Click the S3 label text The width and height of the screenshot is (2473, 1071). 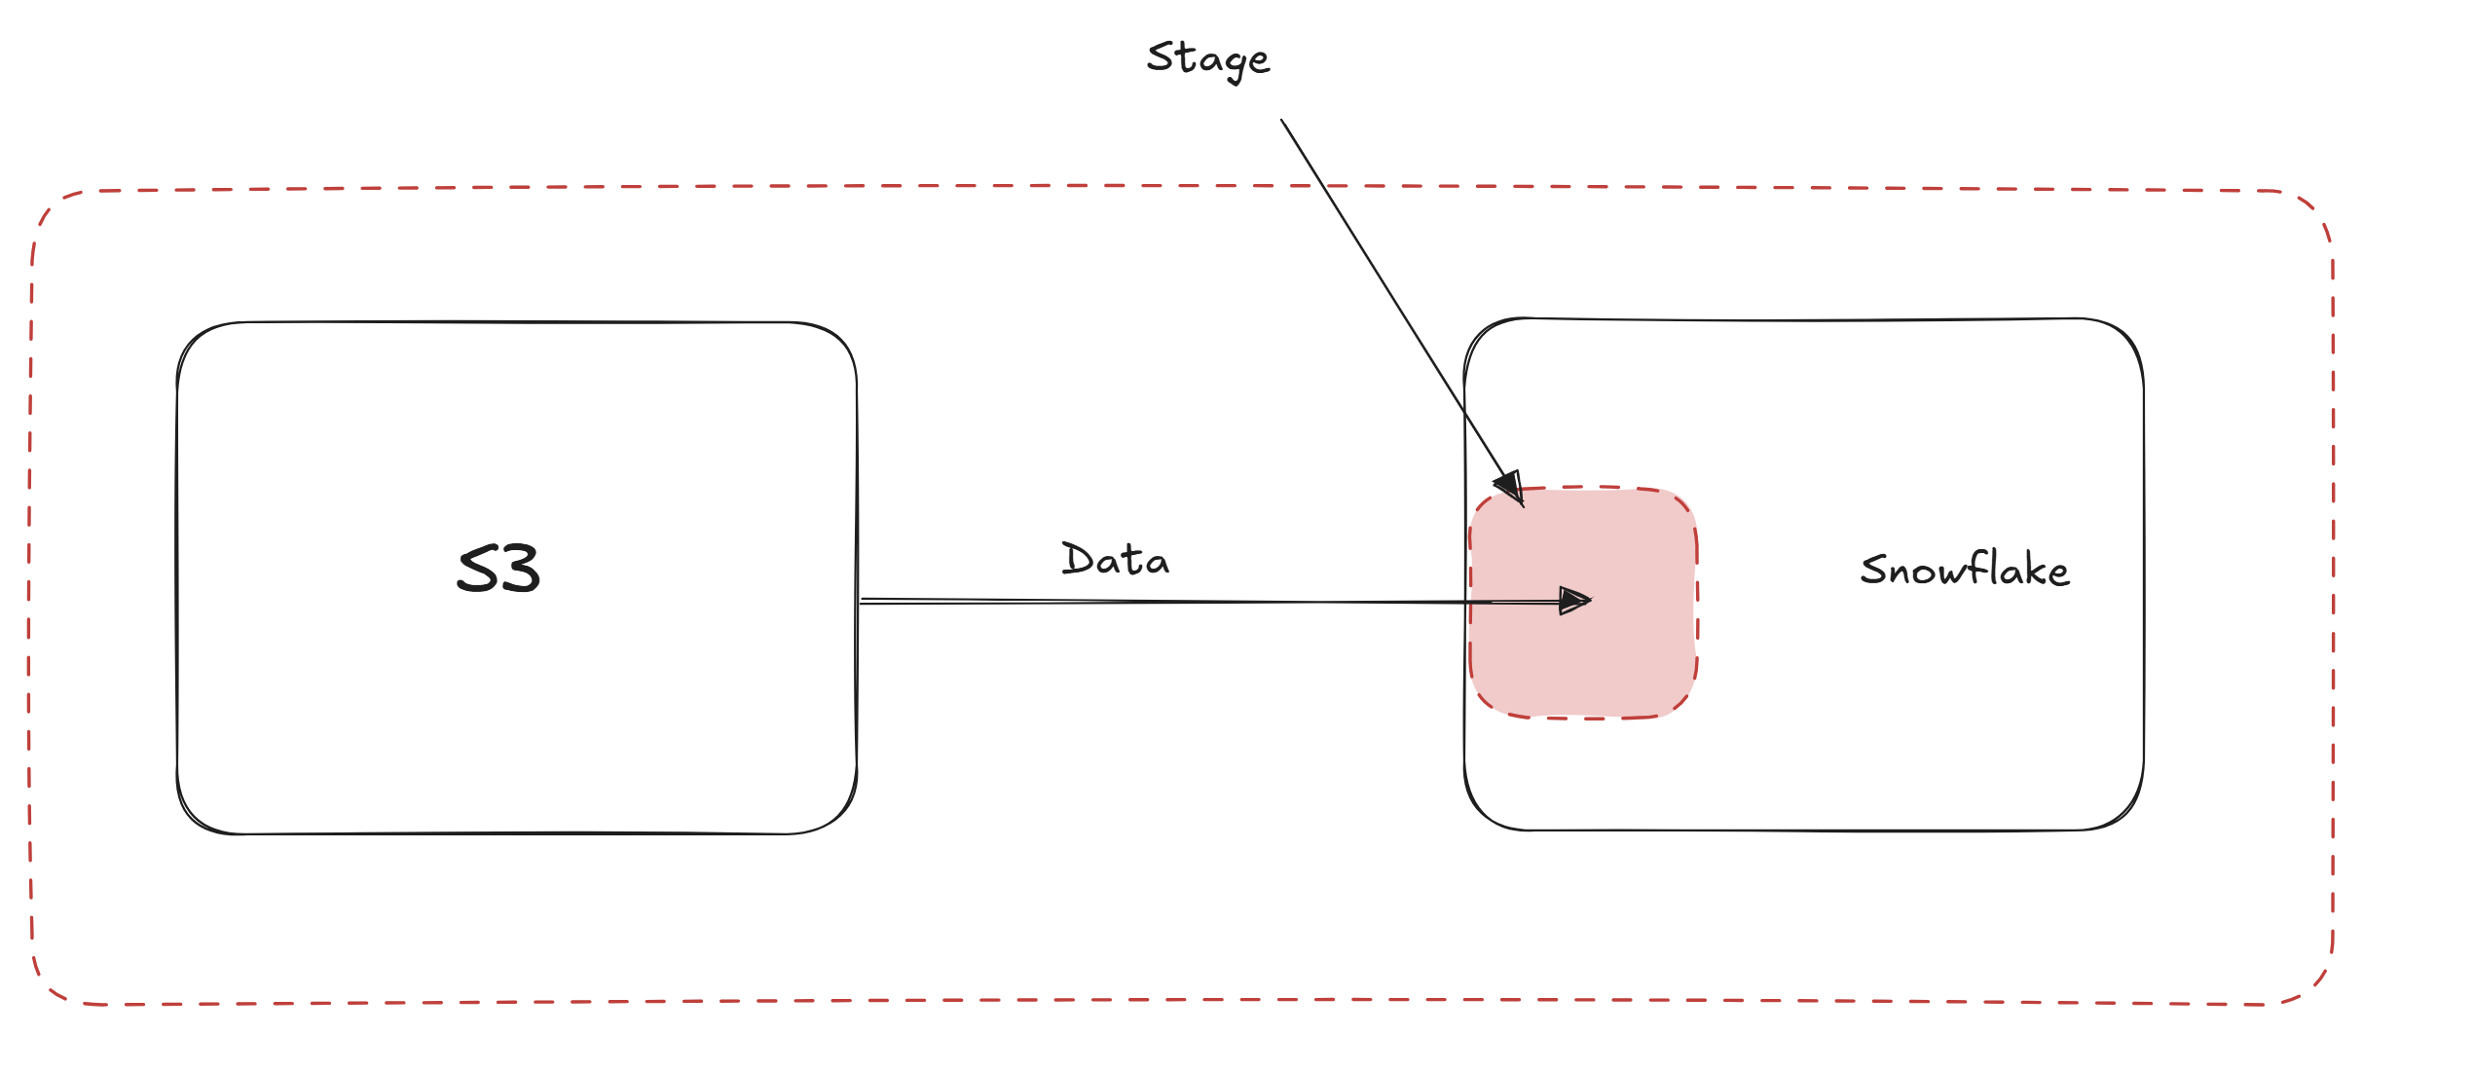(x=498, y=569)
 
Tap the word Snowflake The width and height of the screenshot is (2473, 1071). (x=1965, y=570)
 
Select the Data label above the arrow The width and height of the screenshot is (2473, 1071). (x=1116, y=559)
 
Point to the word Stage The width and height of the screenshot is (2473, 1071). (x=1208, y=59)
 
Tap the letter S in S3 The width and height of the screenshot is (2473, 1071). (x=478, y=570)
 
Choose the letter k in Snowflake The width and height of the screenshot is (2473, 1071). (x=2034, y=569)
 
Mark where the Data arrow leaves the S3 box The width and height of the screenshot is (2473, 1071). (x=859, y=601)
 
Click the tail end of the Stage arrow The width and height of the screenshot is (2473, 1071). (x=1281, y=120)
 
